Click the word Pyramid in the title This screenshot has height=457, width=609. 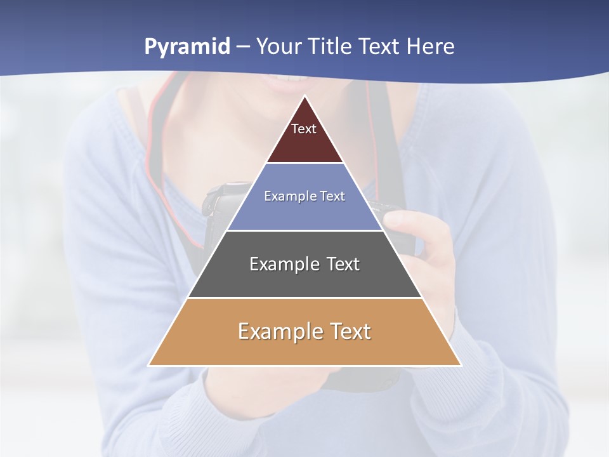(187, 47)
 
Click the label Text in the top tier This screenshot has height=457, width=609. (304, 129)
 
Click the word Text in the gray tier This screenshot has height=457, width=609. (344, 264)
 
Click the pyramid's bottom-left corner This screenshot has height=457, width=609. (150, 365)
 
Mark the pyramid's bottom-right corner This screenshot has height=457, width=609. (460, 365)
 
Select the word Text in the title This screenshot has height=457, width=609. (379, 47)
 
